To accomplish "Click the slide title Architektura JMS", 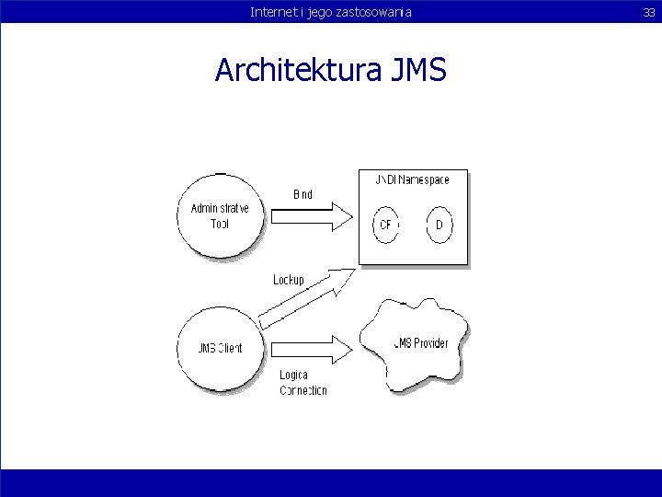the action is (x=330, y=69).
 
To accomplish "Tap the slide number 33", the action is (x=649, y=11).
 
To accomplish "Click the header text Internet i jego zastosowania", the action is (x=330, y=11).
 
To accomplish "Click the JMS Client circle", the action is (x=220, y=347).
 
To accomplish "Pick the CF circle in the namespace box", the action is (x=386, y=225).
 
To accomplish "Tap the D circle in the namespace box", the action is (x=439, y=225).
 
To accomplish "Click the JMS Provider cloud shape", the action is (x=418, y=343).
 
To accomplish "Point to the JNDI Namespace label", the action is (x=413, y=179).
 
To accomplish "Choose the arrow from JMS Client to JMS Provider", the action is (x=310, y=348).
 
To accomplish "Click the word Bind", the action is (x=302, y=194).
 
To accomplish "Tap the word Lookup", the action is (x=289, y=280).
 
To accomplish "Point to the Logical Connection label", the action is (x=302, y=383).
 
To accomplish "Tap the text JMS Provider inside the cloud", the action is (x=421, y=343).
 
